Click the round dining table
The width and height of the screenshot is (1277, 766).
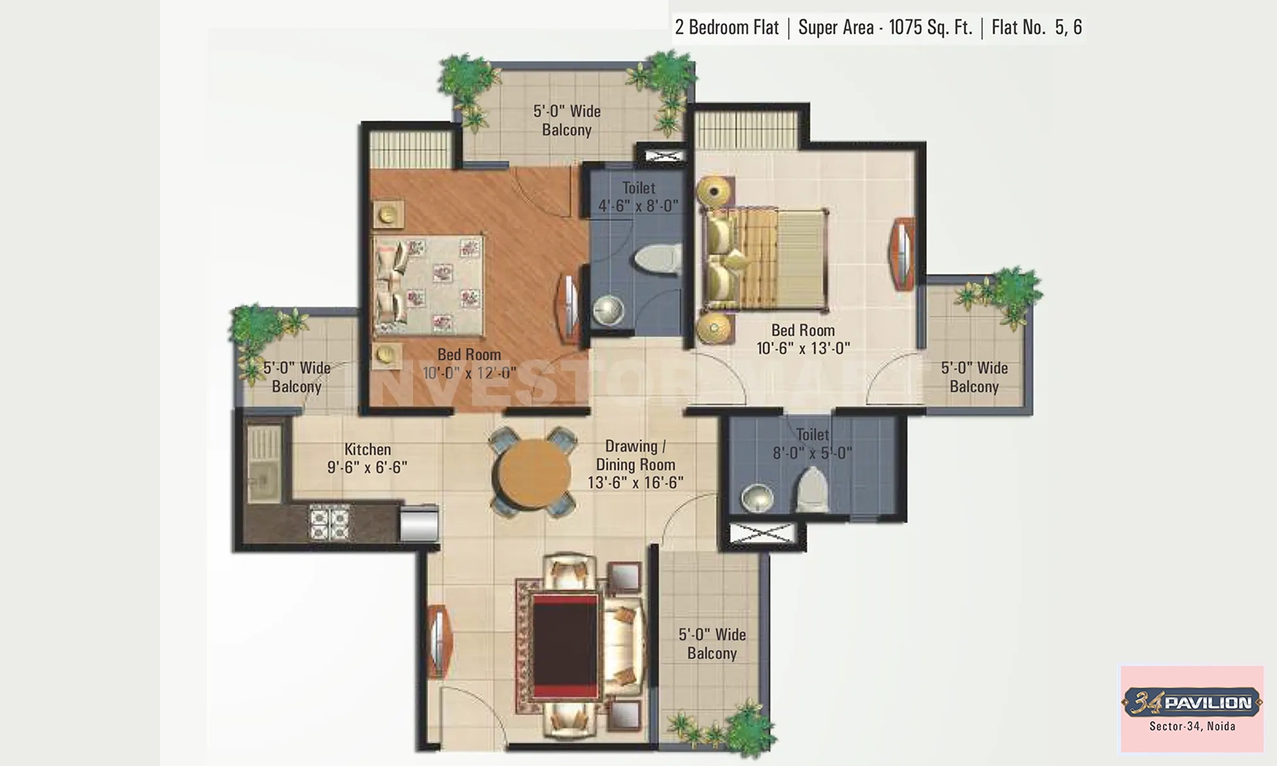click(x=534, y=473)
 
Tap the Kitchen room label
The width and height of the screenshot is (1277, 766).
click(x=368, y=449)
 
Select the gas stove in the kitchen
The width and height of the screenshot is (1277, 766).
click(x=329, y=522)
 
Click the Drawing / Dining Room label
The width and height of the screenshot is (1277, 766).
click(x=635, y=455)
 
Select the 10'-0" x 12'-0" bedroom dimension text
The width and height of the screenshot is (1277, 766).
click(x=469, y=373)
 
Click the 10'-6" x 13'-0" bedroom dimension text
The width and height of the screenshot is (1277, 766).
click(x=803, y=348)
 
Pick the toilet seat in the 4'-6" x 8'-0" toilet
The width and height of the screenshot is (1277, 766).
click(x=658, y=260)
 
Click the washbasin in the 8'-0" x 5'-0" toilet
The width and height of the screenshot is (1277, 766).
click(x=757, y=498)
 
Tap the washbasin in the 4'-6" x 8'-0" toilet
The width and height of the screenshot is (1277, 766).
click(x=608, y=311)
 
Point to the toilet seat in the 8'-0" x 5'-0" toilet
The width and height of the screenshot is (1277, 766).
click(x=813, y=491)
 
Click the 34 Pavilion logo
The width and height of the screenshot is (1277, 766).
click(x=1192, y=702)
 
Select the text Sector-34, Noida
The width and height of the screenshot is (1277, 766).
click(x=1192, y=726)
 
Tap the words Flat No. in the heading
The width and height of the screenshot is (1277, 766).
click(x=1018, y=27)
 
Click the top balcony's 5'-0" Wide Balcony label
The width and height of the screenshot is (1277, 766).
click(x=567, y=120)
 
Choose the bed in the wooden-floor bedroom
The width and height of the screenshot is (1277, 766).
click(x=429, y=285)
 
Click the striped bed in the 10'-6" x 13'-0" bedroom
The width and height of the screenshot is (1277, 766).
click(x=765, y=260)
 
